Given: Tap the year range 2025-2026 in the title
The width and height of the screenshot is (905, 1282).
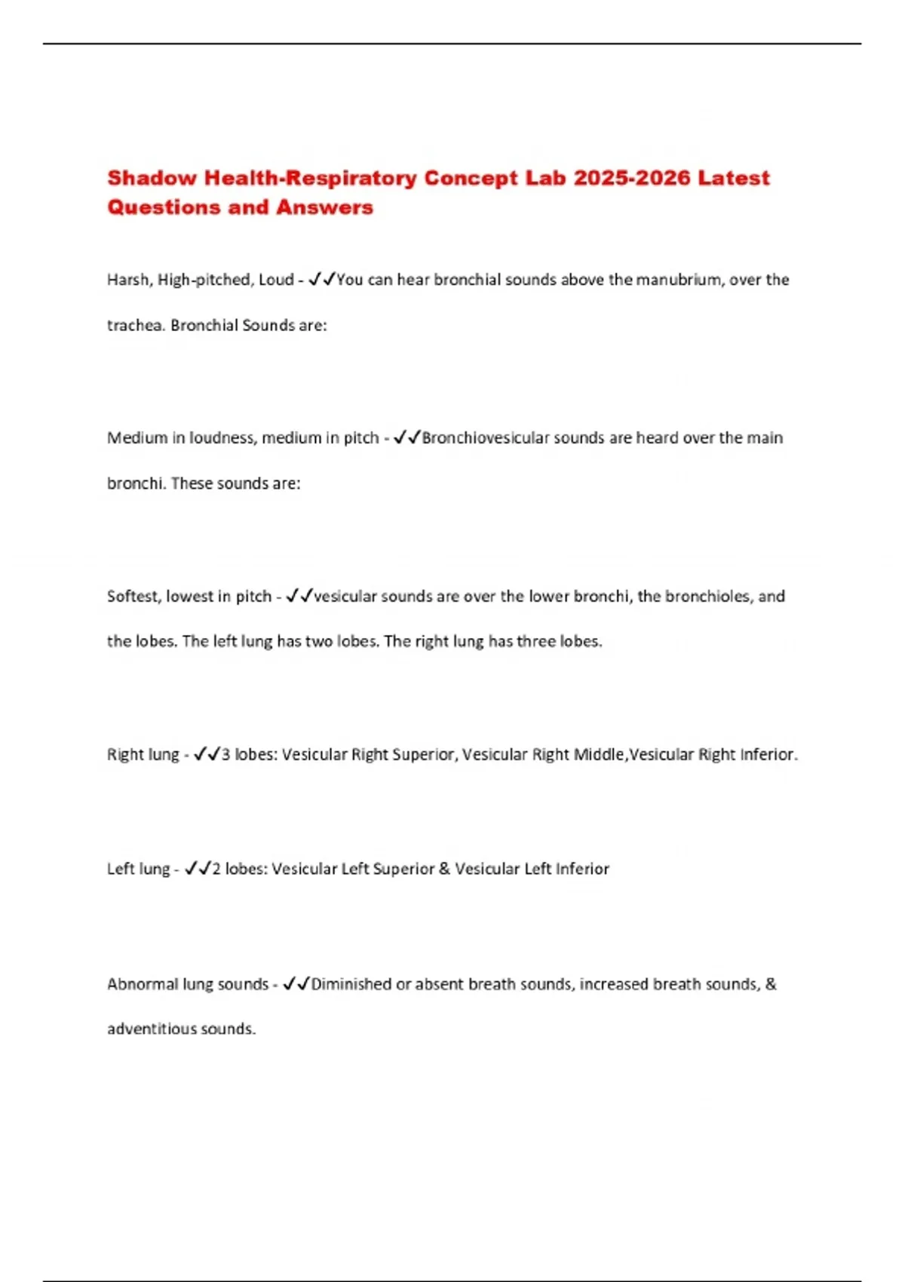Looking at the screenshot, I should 631,178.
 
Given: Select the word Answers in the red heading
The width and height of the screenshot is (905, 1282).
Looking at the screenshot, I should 324,207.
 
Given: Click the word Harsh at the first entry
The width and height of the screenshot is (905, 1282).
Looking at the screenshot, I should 128,280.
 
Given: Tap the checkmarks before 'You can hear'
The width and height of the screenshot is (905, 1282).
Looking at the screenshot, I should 322,280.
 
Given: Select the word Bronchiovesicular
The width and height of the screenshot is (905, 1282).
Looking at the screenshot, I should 485,438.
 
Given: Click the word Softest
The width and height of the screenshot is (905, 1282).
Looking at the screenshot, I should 133,597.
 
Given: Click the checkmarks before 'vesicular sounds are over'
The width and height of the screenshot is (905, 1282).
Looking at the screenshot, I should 299,597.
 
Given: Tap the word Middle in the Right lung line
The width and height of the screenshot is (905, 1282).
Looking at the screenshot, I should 599,755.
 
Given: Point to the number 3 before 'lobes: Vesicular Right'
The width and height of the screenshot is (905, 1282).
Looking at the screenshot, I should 225,755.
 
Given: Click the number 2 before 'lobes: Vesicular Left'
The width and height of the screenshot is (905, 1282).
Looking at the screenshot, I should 216,869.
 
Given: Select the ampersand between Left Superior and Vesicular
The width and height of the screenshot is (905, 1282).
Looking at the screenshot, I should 444,869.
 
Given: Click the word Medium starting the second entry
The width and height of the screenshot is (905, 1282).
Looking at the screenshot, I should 137,438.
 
